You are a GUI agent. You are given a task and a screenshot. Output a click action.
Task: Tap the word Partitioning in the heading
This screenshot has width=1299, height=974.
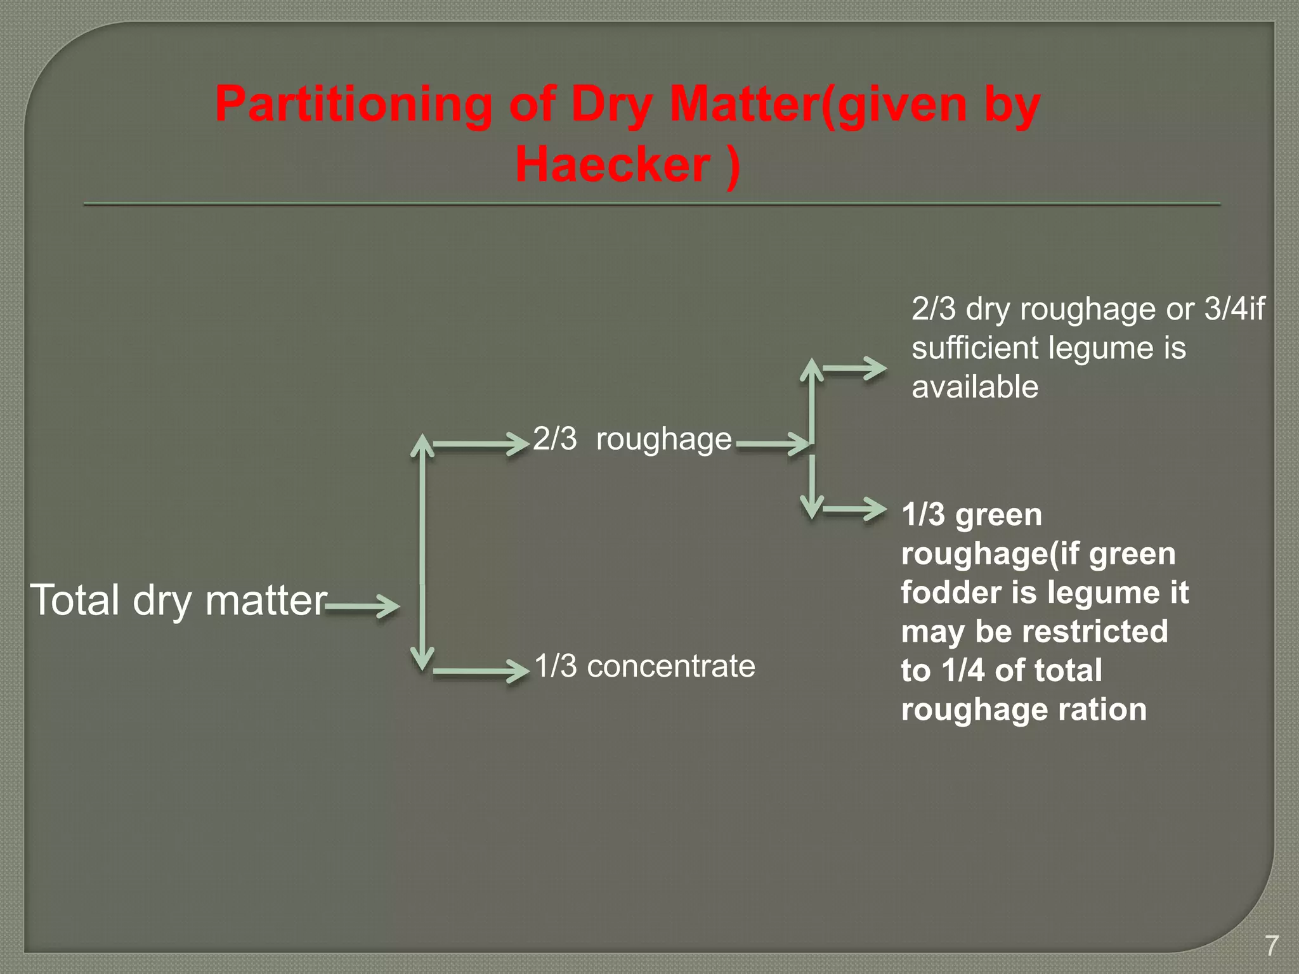[x=353, y=104]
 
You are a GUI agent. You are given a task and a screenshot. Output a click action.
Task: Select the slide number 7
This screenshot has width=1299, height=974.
[x=1272, y=945]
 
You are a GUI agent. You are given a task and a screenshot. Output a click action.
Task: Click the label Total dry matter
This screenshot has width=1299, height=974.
[x=178, y=600]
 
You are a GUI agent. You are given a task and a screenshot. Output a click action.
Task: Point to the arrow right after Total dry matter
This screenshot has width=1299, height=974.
[x=363, y=606]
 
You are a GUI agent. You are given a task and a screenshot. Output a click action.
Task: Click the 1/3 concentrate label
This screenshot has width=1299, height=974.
[x=644, y=666]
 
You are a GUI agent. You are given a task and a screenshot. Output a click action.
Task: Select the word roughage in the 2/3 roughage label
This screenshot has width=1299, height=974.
[x=663, y=439]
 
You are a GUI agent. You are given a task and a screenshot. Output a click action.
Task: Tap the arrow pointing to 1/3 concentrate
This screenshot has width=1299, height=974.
[x=481, y=672]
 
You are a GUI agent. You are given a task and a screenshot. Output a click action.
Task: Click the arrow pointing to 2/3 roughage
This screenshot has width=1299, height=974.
[x=481, y=445]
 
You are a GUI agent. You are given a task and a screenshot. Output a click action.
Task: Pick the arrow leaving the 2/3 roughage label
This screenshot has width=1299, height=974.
[x=773, y=443]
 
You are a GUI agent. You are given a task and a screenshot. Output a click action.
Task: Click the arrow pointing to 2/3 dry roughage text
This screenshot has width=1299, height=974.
[x=854, y=368]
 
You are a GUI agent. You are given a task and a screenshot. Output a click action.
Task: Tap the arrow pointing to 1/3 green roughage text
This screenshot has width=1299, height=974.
[x=854, y=509]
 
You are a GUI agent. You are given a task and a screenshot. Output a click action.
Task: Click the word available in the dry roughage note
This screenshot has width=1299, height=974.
[x=975, y=387]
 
